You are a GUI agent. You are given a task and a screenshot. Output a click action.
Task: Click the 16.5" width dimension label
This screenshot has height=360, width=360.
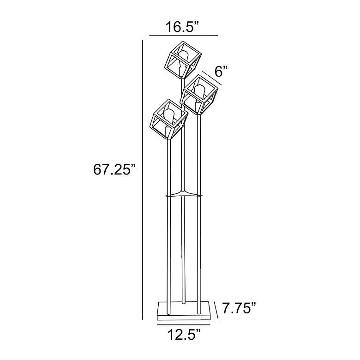[182, 27]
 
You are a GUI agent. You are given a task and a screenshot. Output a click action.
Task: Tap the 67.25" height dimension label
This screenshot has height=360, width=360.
[114, 170]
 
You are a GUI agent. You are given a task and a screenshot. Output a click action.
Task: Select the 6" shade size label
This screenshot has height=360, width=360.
[221, 71]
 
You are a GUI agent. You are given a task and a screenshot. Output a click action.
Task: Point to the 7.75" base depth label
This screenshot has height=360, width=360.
[239, 308]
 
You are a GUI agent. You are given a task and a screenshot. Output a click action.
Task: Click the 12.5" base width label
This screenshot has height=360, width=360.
[185, 335]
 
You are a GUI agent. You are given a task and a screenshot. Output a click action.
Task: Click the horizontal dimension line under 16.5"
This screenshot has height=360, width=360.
[183, 36]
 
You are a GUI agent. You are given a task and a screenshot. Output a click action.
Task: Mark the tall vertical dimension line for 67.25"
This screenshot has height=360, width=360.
[142, 180]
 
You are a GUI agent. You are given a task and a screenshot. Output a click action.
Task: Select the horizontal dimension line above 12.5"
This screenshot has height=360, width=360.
[183, 324]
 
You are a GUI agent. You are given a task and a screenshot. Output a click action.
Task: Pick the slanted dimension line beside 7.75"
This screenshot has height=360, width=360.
[216, 310]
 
